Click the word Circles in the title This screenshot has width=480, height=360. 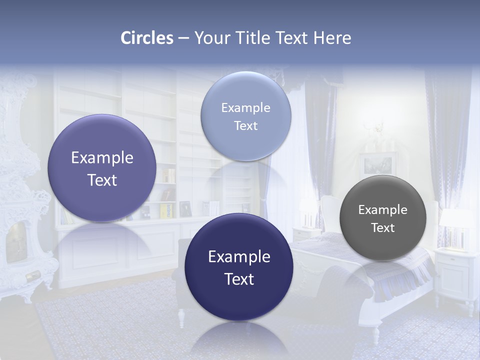tap(147, 38)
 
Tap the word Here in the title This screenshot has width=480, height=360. tap(332, 38)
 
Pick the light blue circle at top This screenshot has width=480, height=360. tap(245, 90)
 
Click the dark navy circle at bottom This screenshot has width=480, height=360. tap(238, 300)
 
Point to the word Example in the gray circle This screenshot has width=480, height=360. tap(383, 210)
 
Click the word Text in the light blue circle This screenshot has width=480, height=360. tap(245, 126)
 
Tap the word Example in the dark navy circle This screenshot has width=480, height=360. tap(239, 257)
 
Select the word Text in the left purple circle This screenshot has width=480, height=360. tap(102, 180)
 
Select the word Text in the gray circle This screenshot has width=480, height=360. tap(383, 228)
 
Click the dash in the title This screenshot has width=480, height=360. tap(183, 38)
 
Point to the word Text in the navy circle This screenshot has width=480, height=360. tap(239, 279)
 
